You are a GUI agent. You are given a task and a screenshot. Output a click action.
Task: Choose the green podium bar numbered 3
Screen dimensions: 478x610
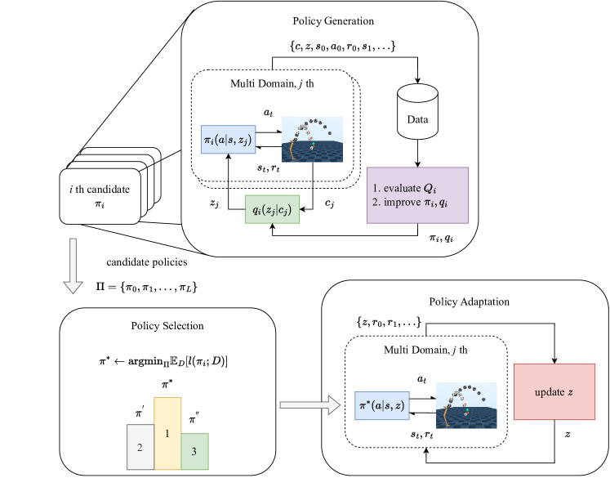tap(195, 452)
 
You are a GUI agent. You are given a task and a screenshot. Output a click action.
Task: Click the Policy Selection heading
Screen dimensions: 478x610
tap(167, 326)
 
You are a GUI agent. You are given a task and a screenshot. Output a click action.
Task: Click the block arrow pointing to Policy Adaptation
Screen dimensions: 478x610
tap(309, 403)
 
